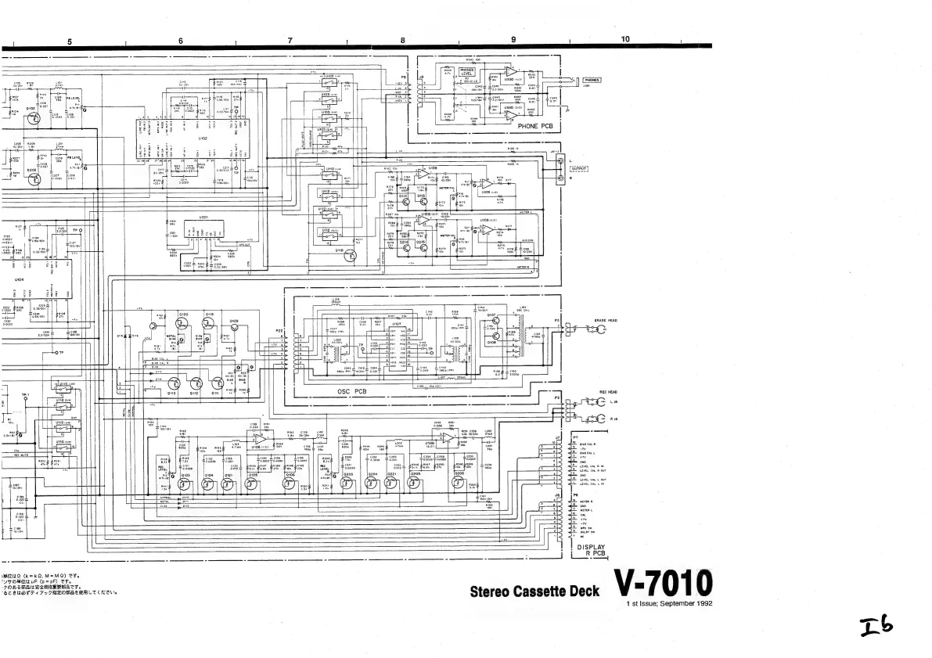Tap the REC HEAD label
[609, 391]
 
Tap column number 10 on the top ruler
[625, 38]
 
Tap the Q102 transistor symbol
[32, 120]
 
